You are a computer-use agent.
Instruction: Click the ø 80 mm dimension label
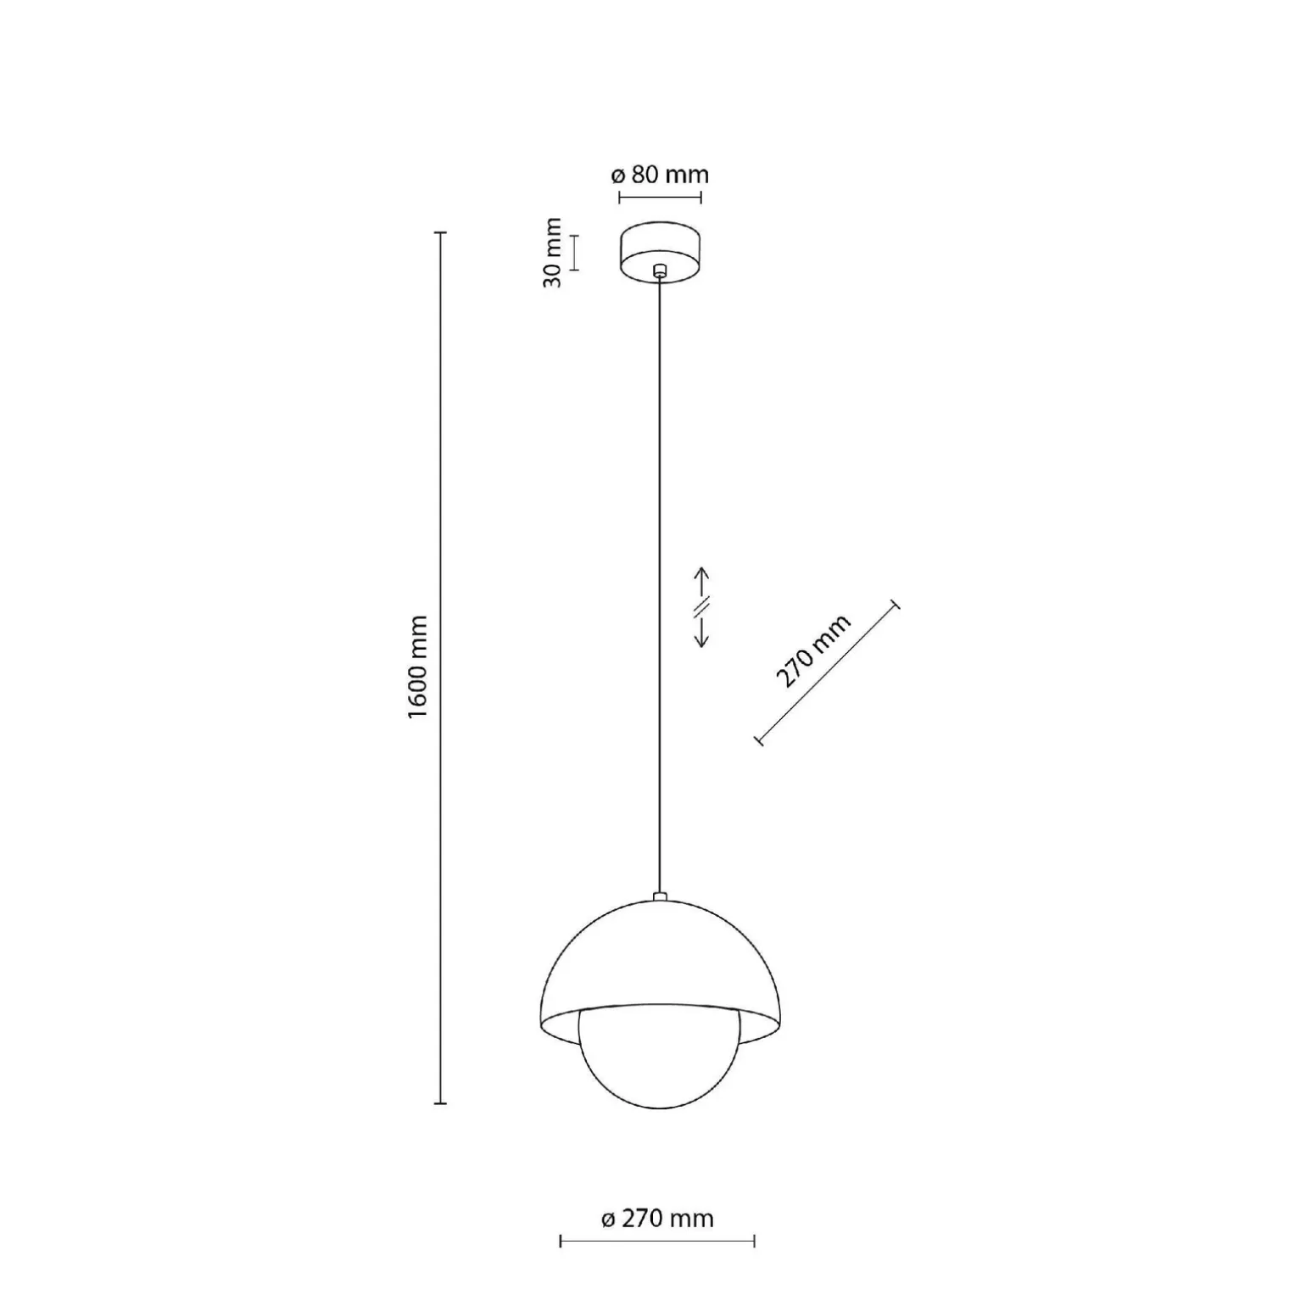click(659, 175)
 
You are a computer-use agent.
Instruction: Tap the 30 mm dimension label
click(552, 252)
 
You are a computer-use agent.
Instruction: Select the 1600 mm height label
click(417, 667)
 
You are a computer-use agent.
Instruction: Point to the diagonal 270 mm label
click(812, 650)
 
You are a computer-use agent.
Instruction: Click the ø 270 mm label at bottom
click(657, 1219)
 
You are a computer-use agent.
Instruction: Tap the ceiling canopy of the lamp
click(660, 252)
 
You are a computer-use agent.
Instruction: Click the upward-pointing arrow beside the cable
click(701, 583)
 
